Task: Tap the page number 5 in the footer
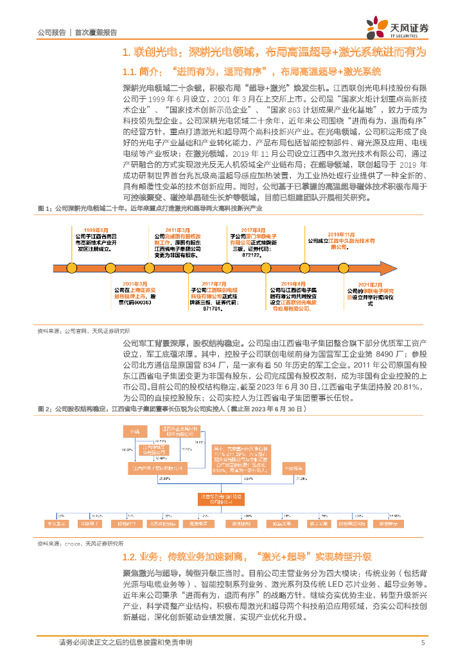423,643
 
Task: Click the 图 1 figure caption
150,209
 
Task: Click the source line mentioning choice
80,544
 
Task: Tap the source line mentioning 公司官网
83,331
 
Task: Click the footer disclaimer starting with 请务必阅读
125,643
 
